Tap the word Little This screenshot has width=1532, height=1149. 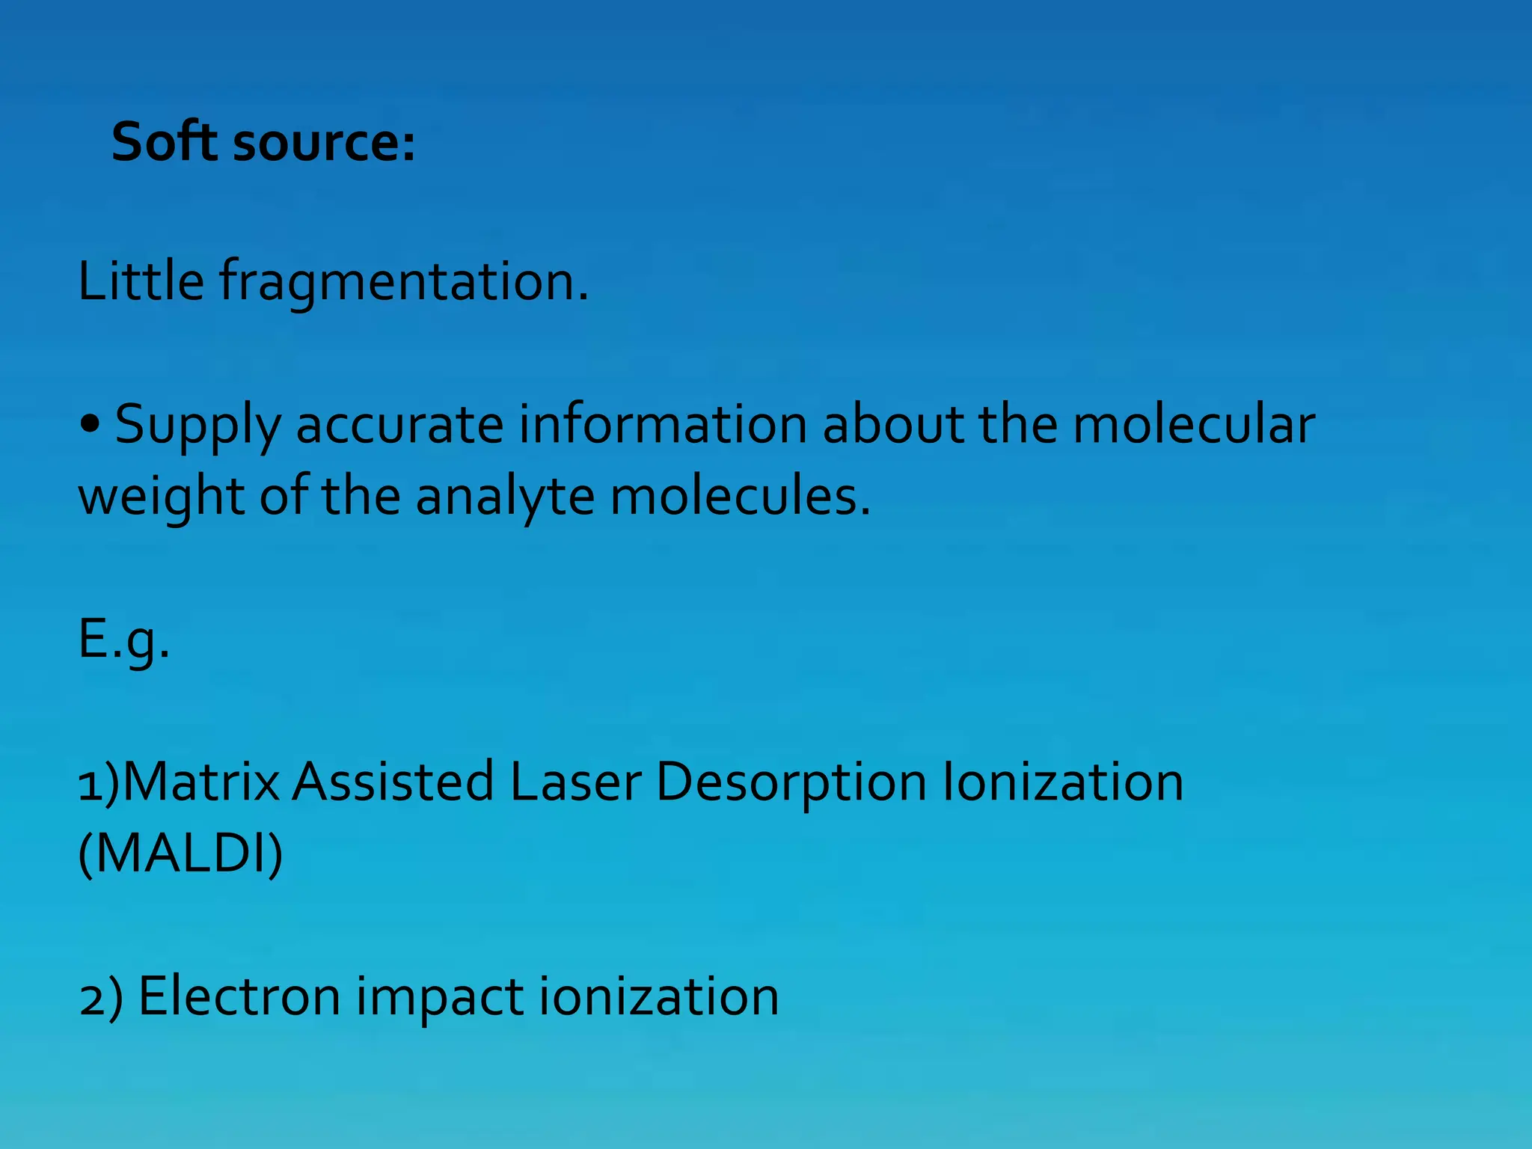(x=141, y=281)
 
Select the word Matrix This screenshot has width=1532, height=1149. (x=200, y=782)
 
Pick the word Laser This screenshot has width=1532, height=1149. (x=574, y=782)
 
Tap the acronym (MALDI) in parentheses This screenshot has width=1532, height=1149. (x=180, y=854)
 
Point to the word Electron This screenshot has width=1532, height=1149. (x=239, y=996)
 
